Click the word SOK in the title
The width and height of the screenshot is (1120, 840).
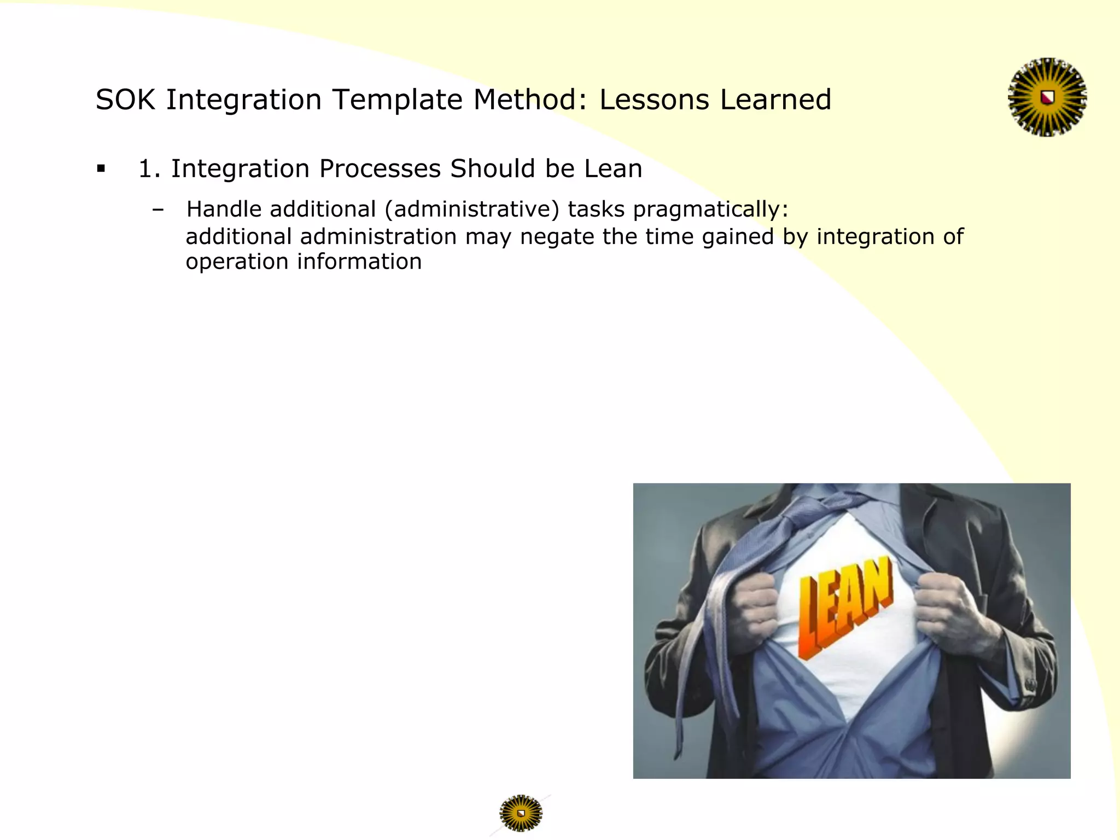click(x=126, y=100)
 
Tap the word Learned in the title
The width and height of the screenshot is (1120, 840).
click(x=775, y=100)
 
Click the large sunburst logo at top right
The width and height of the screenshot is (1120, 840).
click(x=1047, y=97)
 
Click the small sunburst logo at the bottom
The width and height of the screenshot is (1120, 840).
click(x=521, y=813)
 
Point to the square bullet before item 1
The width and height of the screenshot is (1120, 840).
click(x=101, y=168)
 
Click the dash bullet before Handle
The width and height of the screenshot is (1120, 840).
click(x=158, y=209)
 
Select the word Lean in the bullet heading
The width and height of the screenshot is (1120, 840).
click(x=612, y=168)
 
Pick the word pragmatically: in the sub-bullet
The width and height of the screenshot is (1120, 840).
click(x=710, y=209)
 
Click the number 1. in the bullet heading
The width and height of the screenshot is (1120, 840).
click(x=149, y=168)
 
